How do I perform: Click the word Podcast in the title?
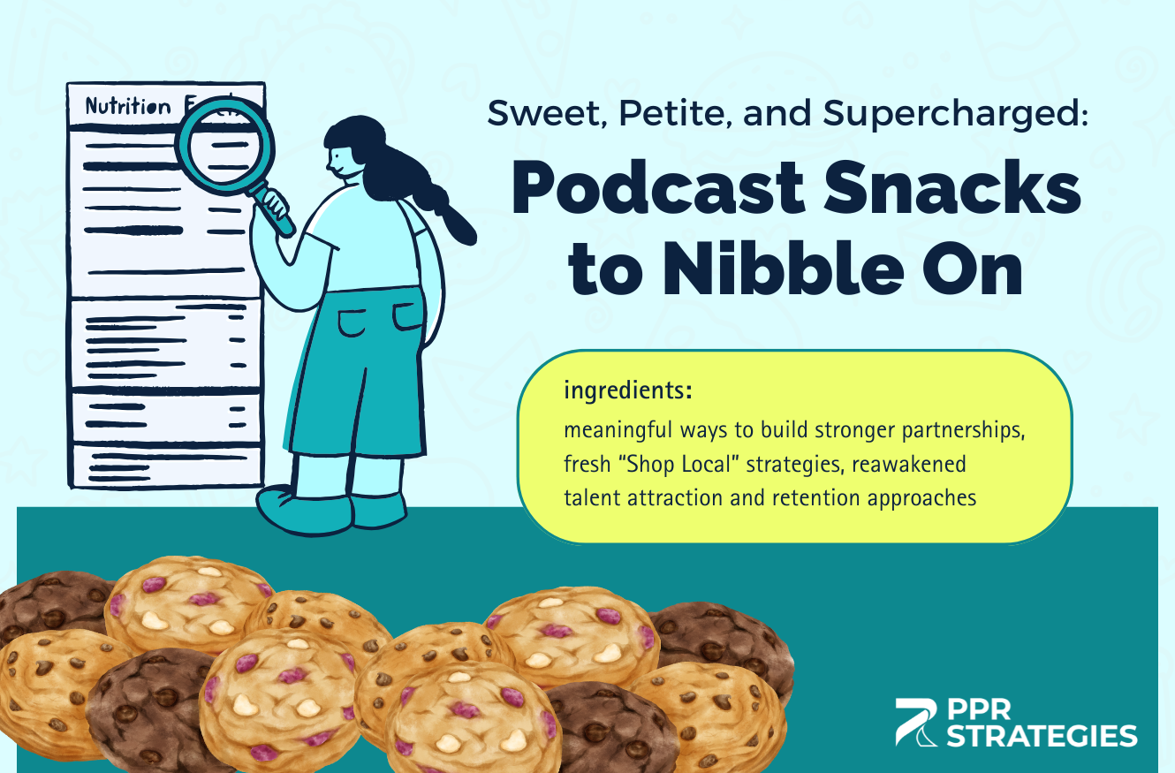658,188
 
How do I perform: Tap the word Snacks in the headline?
952,188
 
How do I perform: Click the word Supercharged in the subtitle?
955,114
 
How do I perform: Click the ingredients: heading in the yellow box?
628,390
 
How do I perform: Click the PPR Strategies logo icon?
916,722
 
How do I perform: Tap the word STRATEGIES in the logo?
1042,736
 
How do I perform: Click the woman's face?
344,160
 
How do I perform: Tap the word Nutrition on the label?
128,107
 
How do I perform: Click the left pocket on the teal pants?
352,322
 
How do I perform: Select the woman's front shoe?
304,509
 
